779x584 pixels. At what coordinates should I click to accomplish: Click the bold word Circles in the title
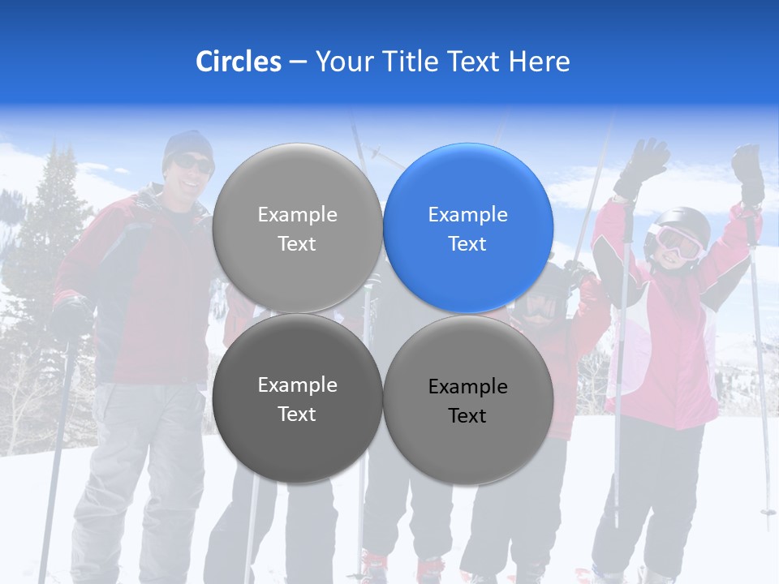pyautogui.click(x=238, y=62)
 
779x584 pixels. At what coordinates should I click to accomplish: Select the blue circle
pyautogui.click(x=467, y=228)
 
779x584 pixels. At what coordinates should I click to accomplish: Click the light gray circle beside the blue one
pyautogui.click(x=297, y=228)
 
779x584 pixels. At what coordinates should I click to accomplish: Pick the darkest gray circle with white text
pyautogui.click(x=297, y=398)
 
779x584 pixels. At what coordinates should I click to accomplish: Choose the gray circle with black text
pyautogui.click(x=467, y=400)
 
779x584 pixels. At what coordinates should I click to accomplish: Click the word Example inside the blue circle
pyautogui.click(x=467, y=215)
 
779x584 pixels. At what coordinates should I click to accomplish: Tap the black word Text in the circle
pyautogui.click(x=467, y=416)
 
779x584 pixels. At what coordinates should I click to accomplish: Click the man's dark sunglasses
pyautogui.click(x=192, y=165)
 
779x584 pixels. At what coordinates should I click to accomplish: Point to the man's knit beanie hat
pyautogui.click(x=187, y=144)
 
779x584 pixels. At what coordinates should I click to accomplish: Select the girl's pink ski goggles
pyautogui.click(x=679, y=243)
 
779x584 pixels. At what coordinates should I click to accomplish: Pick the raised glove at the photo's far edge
pyautogui.click(x=749, y=172)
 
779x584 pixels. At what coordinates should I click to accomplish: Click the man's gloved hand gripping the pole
pyautogui.click(x=71, y=316)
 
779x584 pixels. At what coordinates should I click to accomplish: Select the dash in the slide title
pyautogui.click(x=298, y=62)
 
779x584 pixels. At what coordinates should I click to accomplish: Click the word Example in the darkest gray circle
pyautogui.click(x=297, y=385)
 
